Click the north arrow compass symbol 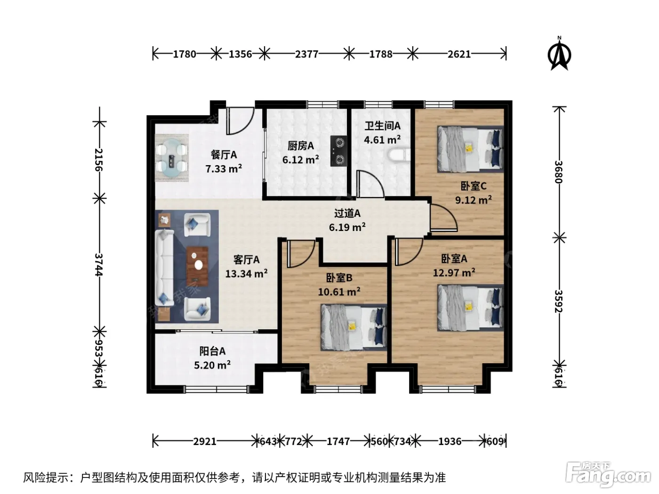pyautogui.click(x=559, y=54)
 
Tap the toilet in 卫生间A pyautogui.click(x=399, y=155)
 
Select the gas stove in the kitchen pyautogui.click(x=338, y=151)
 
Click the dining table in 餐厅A pyautogui.click(x=172, y=158)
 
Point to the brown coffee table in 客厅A pyautogui.click(x=198, y=266)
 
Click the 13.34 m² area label pyautogui.click(x=246, y=273)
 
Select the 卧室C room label pyautogui.click(x=473, y=186)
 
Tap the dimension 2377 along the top pyautogui.click(x=306, y=54)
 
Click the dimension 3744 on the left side pyautogui.click(x=99, y=264)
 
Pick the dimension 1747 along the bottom pyautogui.click(x=338, y=441)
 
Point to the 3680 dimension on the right pyautogui.click(x=558, y=172)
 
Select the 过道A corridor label pyautogui.click(x=347, y=213)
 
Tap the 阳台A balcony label pyautogui.click(x=212, y=351)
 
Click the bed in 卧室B pyautogui.click(x=354, y=327)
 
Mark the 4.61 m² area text pyautogui.click(x=382, y=140)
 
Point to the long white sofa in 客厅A pyautogui.click(x=164, y=268)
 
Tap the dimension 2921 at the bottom pyautogui.click(x=204, y=441)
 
